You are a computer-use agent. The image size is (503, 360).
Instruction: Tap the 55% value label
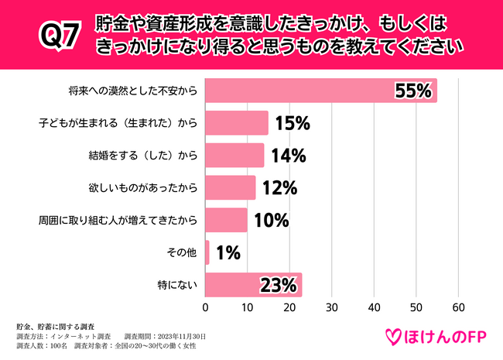pos(412,91)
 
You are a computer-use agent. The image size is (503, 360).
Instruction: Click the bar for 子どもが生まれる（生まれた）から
pos(236,123)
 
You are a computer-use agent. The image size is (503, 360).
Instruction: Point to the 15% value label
pos(293,123)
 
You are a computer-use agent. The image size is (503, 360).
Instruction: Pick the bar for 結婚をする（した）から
pos(234,155)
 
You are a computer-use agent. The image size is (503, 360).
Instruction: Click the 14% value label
pos(288,156)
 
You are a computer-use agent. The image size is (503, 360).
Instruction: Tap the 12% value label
pos(279,188)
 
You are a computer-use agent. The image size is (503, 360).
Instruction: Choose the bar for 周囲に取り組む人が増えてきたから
pos(226,220)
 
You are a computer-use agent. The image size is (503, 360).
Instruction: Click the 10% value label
pos(271,221)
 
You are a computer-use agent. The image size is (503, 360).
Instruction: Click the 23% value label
pos(279,286)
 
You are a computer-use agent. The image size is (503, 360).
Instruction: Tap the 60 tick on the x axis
pos(458,307)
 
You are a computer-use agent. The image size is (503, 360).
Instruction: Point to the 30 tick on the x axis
pos(332,307)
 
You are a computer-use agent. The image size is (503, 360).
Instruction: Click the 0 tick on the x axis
pos(206,307)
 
